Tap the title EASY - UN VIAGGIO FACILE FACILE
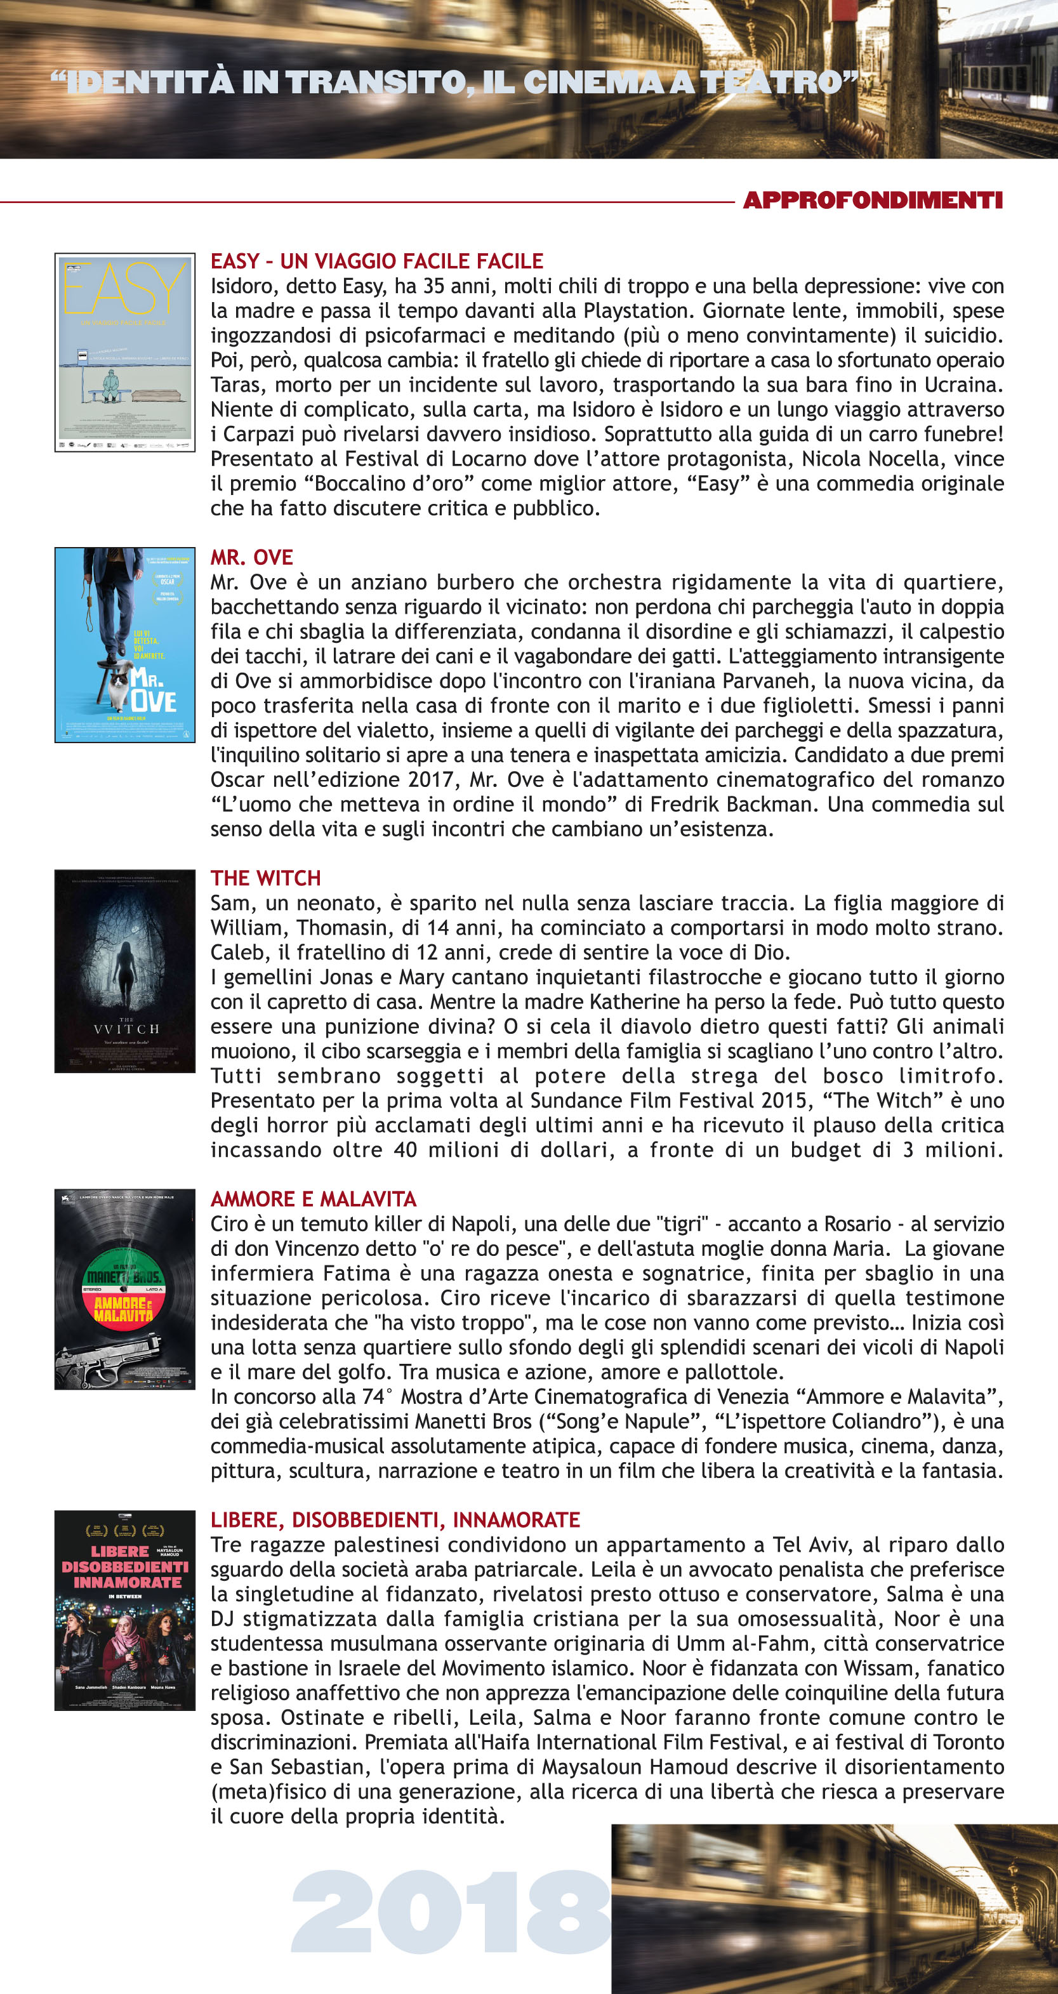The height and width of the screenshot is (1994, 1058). point(377,261)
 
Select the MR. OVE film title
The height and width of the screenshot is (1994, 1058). point(251,557)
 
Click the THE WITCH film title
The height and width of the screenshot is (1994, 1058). point(265,878)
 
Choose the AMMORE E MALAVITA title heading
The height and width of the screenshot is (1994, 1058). point(314,1199)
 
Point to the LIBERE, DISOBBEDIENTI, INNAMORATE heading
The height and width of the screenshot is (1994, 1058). point(395,1519)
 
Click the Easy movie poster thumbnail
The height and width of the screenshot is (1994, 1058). point(124,352)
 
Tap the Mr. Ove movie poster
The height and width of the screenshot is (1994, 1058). point(124,645)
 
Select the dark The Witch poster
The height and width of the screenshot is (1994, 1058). point(124,971)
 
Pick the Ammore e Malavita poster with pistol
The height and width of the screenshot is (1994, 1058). point(124,1289)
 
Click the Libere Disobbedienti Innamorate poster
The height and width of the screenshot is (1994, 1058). point(124,1610)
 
